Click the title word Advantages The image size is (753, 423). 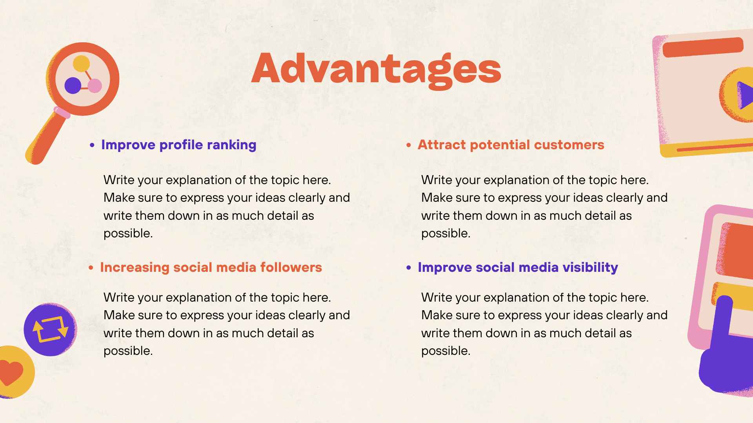click(x=376, y=69)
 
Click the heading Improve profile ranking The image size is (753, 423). click(x=178, y=145)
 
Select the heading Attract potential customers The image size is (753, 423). click(x=511, y=145)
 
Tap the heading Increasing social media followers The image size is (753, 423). click(x=211, y=268)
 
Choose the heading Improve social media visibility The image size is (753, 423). click(x=518, y=268)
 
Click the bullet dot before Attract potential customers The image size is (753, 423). click(x=409, y=145)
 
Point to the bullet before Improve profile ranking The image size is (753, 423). click(x=92, y=145)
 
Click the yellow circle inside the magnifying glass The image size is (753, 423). click(x=82, y=63)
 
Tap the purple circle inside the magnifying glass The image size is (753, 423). click(x=73, y=85)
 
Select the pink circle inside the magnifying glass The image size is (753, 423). click(x=95, y=85)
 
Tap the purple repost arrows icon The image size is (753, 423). click(x=50, y=329)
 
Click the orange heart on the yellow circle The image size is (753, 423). click(x=11, y=372)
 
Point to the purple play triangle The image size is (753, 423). click(x=745, y=95)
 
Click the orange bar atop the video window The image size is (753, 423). click(x=703, y=47)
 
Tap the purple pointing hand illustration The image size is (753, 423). click(x=726, y=352)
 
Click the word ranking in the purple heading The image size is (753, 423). click(x=231, y=145)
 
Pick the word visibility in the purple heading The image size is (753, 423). click(x=590, y=268)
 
